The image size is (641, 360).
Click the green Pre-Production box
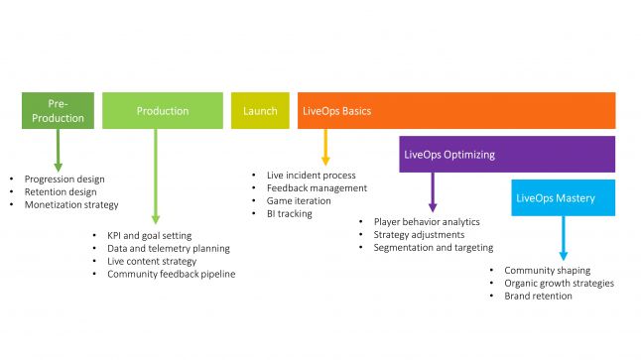[58, 111]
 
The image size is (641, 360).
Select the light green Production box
[163, 111]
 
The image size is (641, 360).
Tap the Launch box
[261, 111]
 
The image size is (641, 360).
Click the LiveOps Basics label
[336, 111]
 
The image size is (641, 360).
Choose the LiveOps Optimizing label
[448, 155]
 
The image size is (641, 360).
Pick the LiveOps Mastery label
[556, 198]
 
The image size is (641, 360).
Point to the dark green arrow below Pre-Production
[58, 149]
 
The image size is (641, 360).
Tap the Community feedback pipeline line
[172, 274]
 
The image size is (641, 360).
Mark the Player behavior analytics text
[427, 221]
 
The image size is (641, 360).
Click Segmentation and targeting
[434, 247]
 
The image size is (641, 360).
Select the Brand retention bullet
[538, 296]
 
